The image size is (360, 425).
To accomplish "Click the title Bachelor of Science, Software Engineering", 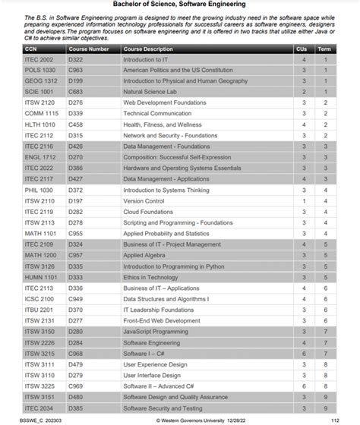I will pos(179,5).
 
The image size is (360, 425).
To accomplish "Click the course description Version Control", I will pos(144,201).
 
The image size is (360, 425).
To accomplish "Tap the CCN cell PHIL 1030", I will pos(39,190).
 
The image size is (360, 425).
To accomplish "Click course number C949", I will pos(76,299).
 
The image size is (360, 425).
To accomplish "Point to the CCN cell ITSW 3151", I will pos(39,397).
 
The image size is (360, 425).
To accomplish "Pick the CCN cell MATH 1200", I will pos(39,256).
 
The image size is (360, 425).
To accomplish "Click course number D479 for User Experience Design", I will pos(76,364).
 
